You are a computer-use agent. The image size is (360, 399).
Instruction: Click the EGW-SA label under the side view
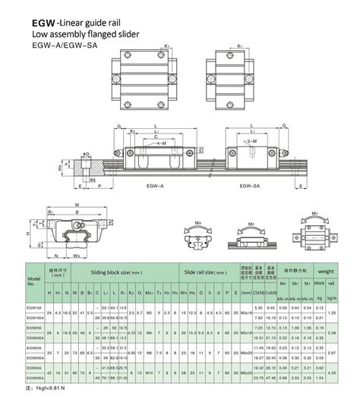click(251, 184)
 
